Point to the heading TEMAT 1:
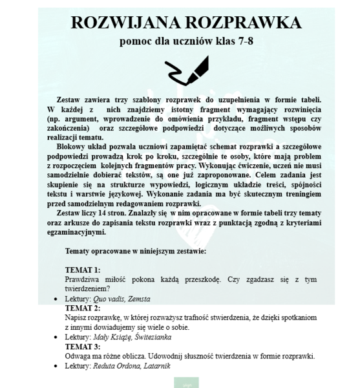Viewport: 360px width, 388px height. (83, 268)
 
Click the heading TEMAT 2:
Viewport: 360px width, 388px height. (83, 308)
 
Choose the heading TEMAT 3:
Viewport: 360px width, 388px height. (83, 347)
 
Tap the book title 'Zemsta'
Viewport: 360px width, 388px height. (139, 300)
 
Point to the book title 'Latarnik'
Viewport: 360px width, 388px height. (161, 366)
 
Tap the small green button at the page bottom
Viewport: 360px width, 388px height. (186, 384)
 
